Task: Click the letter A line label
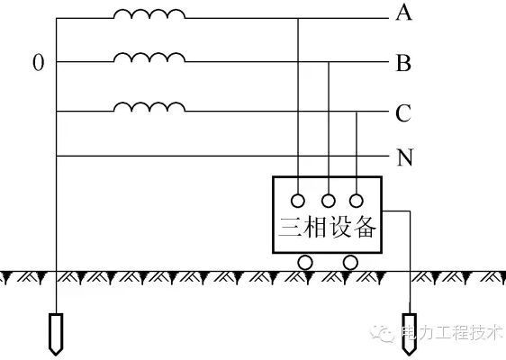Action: pos(403,13)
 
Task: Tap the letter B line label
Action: pos(403,63)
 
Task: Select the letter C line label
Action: pos(403,112)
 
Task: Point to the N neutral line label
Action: pos(404,157)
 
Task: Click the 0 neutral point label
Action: pos(39,62)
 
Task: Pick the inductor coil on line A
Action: pos(149,13)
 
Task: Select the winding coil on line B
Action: pos(149,57)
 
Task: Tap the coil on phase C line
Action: pos(149,107)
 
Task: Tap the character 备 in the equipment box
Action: pos(365,227)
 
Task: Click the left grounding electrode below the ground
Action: pos(56,334)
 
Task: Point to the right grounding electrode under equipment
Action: pos(410,334)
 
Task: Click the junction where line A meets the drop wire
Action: pos(298,18)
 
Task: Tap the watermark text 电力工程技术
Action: pos(452,333)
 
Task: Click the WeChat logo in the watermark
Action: pos(383,333)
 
